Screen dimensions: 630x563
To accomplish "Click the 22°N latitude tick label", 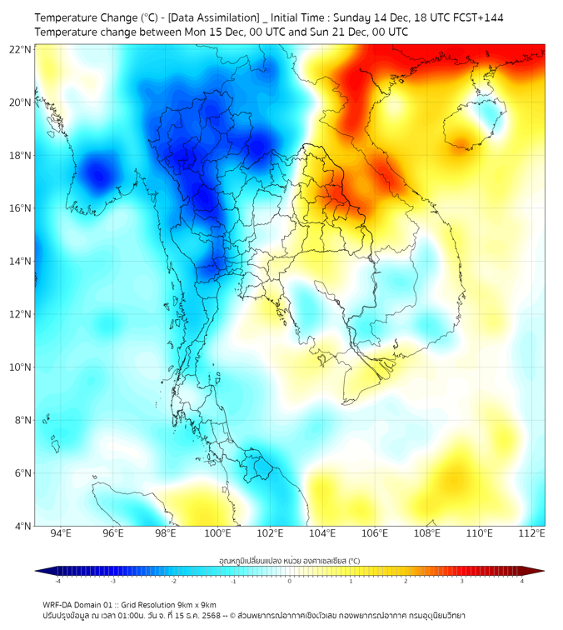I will [x=20, y=49].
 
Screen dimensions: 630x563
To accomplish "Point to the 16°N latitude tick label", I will [x=20, y=208].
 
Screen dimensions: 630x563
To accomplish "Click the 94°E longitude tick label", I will [x=61, y=533].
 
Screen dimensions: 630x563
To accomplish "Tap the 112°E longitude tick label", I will [x=531, y=533].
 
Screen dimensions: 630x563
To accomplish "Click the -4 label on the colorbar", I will [x=57, y=581].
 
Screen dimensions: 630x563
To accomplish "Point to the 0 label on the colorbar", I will [x=290, y=581].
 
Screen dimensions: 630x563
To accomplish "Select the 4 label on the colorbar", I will [x=522, y=581].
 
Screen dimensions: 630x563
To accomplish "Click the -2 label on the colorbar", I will [x=172, y=581].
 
